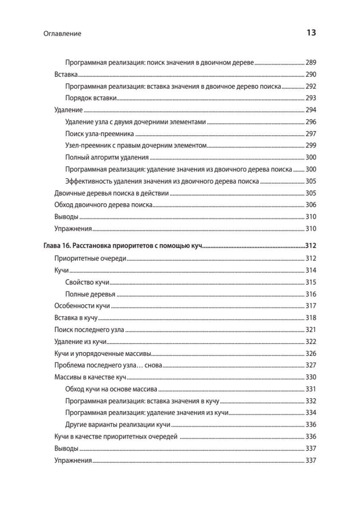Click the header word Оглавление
pos(62,34)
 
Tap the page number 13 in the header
pos(311,33)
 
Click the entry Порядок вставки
pos(91,98)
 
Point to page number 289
pos(311,62)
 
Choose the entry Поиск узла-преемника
pos(100,134)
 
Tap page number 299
pos(311,145)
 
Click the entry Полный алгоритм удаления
pos(107,157)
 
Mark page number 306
pos(311,205)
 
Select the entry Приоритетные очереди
pos(90,258)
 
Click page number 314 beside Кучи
pos(311,270)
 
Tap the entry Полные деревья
pos(90,294)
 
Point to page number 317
pos(311,306)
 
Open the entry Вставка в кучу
pos(76,318)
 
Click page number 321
pos(311,330)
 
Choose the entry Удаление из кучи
pos(80,341)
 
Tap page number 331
pos(311,389)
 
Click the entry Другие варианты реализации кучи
pos(118,425)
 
